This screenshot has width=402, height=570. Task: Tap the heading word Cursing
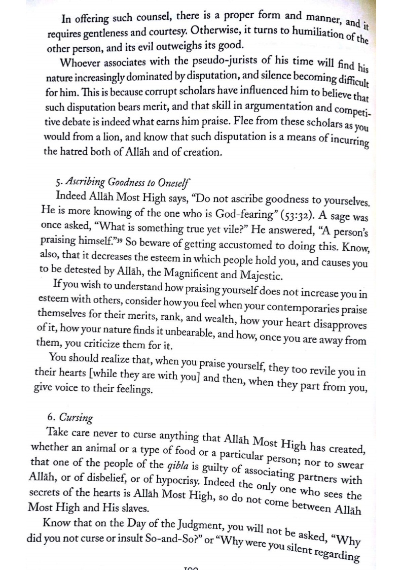click(x=76, y=418)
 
